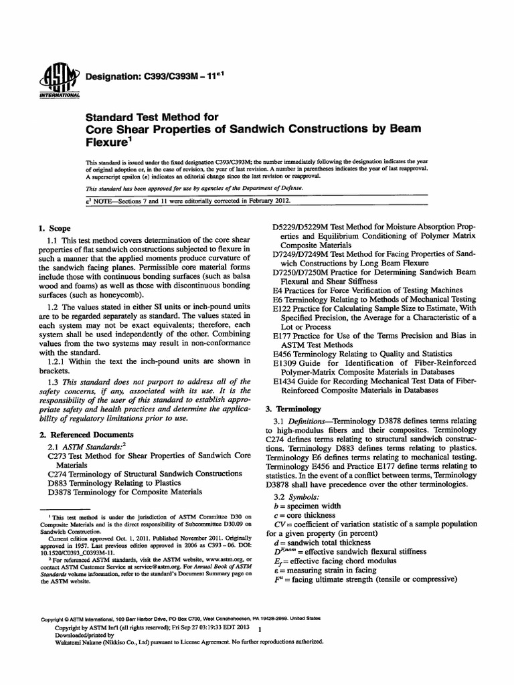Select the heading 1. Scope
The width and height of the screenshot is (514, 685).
coord(56,228)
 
